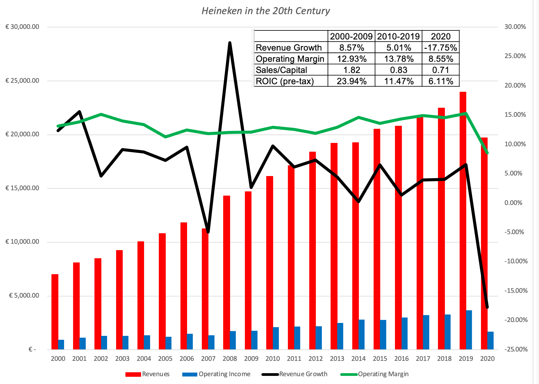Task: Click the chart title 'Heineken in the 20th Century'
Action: pos(266,11)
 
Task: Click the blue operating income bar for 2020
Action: pos(490,340)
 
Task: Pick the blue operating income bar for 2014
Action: pos(362,334)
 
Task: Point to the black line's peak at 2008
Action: pos(230,43)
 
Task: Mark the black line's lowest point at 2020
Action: pos(487,307)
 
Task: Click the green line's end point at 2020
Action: pos(487,153)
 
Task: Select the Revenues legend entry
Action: pos(147,374)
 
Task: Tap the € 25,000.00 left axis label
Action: pos(22,81)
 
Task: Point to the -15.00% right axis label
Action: pos(516,291)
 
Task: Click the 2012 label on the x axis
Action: pos(316,359)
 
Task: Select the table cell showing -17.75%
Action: pos(441,48)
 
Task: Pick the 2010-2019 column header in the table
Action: pos(398,36)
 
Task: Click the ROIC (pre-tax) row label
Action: pos(285,81)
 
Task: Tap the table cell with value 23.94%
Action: pos(351,81)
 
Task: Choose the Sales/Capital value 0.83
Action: pos(398,70)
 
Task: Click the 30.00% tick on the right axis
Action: pos(515,27)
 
